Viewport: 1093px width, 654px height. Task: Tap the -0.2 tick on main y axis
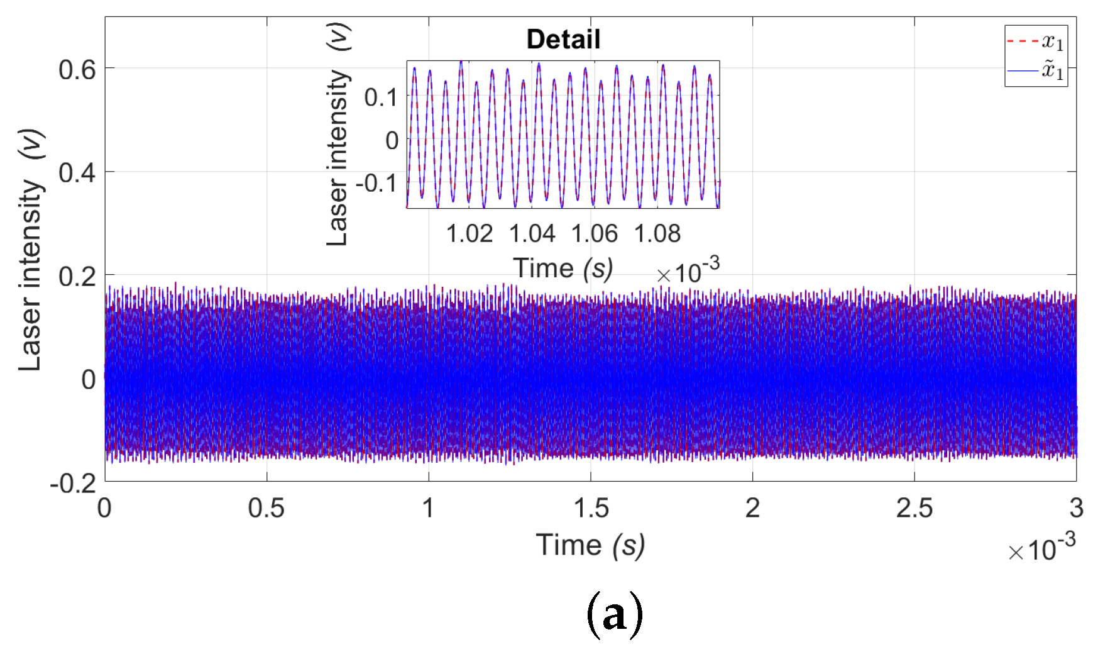click(73, 483)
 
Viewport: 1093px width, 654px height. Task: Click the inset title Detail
click(563, 40)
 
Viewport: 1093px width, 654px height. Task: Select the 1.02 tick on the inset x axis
click(469, 234)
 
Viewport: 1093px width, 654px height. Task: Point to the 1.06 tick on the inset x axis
click(594, 234)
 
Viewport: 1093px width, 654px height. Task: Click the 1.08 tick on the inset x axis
click(657, 234)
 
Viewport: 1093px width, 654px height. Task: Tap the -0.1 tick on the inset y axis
click(376, 183)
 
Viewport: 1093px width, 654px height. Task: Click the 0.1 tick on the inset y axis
click(380, 97)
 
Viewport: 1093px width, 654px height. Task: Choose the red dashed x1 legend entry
click(1036, 42)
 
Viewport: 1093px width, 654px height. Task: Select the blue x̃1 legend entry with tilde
click(1036, 70)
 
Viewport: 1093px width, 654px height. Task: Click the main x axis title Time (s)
click(590, 545)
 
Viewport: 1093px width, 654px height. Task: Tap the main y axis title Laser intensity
click(30, 252)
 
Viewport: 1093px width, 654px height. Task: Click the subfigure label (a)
click(614, 614)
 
